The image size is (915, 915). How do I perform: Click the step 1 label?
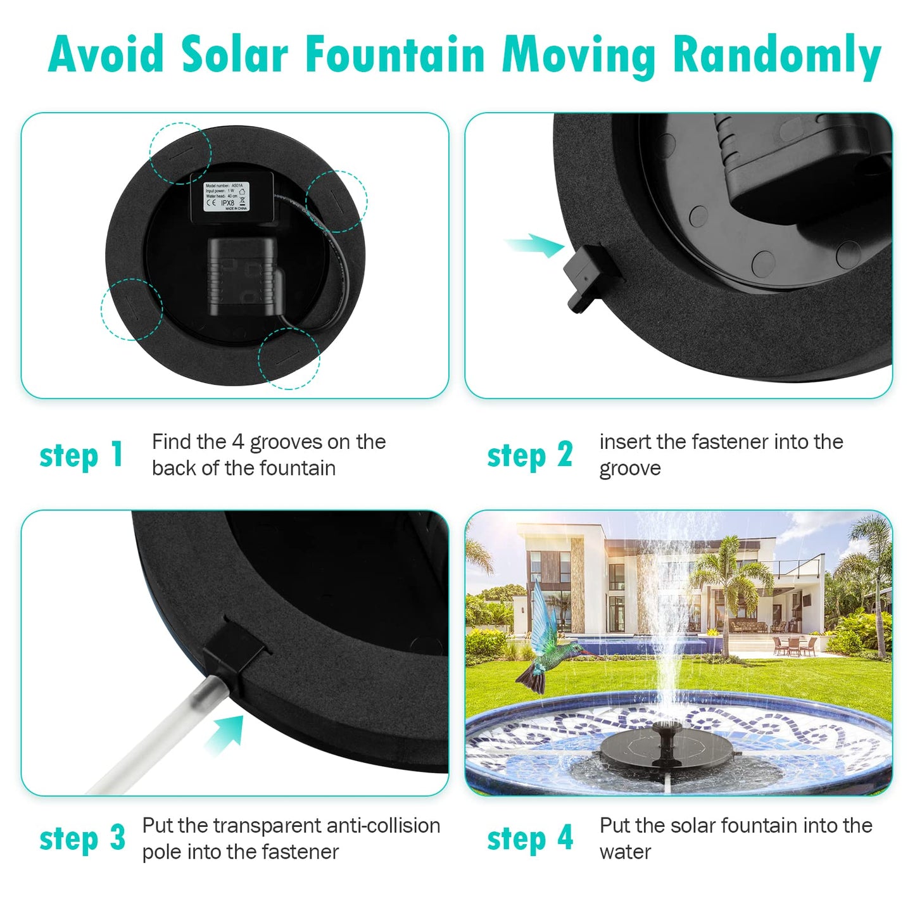click(x=81, y=455)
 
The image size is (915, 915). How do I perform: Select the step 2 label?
click(x=529, y=455)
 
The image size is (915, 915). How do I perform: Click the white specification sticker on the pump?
click(x=226, y=196)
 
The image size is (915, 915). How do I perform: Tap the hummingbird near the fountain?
click(x=543, y=646)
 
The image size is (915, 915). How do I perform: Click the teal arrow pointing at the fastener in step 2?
click(x=535, y=244)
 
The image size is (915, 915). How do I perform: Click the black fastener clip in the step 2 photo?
click(x=589, y=276)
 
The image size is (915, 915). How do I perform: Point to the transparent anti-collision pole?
click(x=158, y=735)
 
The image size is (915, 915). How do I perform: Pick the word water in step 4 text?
click(x=625, y=852)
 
